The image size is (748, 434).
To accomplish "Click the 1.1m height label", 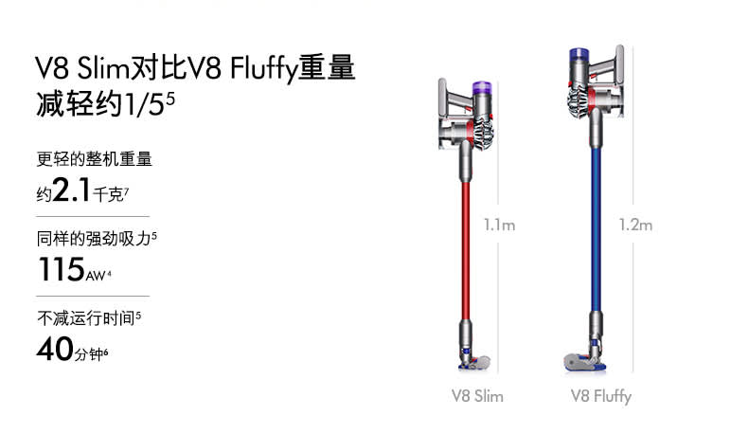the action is click(x=500, y=225).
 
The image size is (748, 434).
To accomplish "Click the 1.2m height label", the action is click(x=635, y=225).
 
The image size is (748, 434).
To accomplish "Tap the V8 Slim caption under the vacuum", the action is click(x=477, y=396).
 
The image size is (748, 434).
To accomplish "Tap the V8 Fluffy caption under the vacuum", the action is click(x=601, y=396).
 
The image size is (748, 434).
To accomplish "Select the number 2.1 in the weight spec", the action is click(x=71, y=190).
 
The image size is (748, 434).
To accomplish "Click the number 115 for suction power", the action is click(x=62, y=269).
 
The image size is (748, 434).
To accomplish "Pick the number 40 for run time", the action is click(x=55, y=349).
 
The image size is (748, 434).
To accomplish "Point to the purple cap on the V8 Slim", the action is click(x=482, y=87).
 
